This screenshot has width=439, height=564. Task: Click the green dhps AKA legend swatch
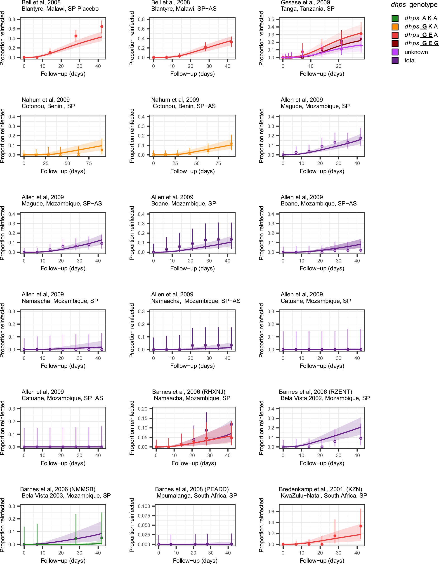[x=395, y=18]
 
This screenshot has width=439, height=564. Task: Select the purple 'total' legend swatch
[x=395, y=60]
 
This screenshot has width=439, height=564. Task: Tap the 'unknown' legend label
[x=416, y=52]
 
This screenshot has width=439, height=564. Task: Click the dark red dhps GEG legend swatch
[x=395, y=43]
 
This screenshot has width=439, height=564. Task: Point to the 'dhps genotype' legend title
[x=414, y=5]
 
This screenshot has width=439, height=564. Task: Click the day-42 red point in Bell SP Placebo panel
[x=102, y=27]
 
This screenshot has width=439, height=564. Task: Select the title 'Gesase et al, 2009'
[x=305, y=2]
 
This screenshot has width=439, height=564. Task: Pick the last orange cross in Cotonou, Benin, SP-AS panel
[x=231, y=144]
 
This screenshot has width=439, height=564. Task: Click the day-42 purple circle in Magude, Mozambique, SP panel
[x=361, y=138]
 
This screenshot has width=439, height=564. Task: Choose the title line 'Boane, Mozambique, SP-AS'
[x=319, y=203]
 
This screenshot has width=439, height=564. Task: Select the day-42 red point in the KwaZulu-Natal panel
[x=361, y=526]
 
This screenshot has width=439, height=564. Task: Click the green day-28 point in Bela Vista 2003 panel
[x=76, y=538]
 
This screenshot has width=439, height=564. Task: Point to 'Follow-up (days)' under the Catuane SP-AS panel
[x=63, y=463]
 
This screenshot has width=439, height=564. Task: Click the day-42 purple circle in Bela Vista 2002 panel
[x=361, y=438]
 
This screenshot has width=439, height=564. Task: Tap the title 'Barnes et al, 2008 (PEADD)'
[x=192, y=489]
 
